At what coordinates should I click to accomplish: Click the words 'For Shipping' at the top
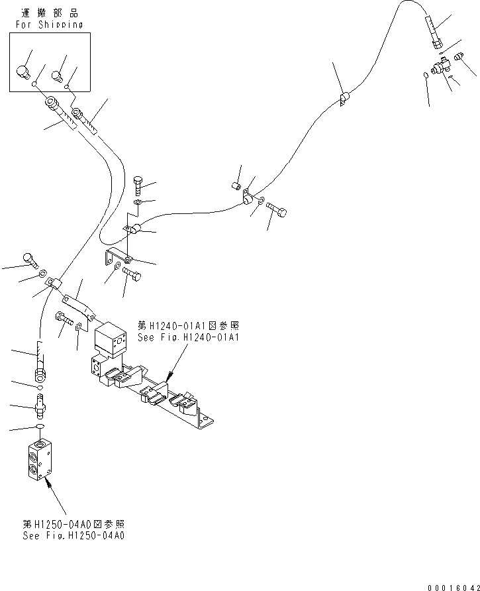49,25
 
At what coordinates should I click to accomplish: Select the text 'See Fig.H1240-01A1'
188,337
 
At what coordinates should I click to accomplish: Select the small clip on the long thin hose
344,99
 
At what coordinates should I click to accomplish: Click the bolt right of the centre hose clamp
278,211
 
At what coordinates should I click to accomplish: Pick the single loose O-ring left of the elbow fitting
426,77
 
